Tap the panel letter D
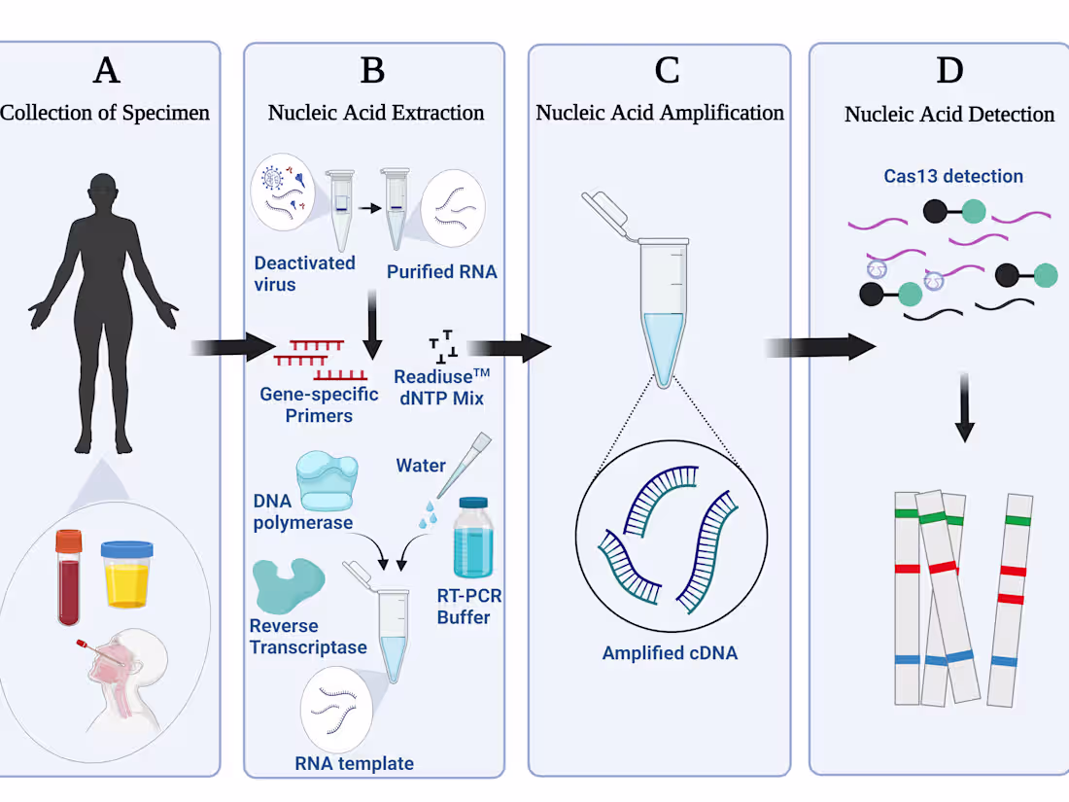tap(948, 71)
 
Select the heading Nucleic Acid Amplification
tap(660, 113)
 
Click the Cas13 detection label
tap(939, 177)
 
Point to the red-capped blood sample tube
tap(70, 575)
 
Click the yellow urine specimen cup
tap(128, 574)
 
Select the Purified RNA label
tap(441, 272)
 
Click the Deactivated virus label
tap(304, 273)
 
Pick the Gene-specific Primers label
tap(306, 405)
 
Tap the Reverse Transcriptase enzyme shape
tap(288, 584)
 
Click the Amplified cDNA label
tap(670, 653)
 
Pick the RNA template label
tap(354, 763)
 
